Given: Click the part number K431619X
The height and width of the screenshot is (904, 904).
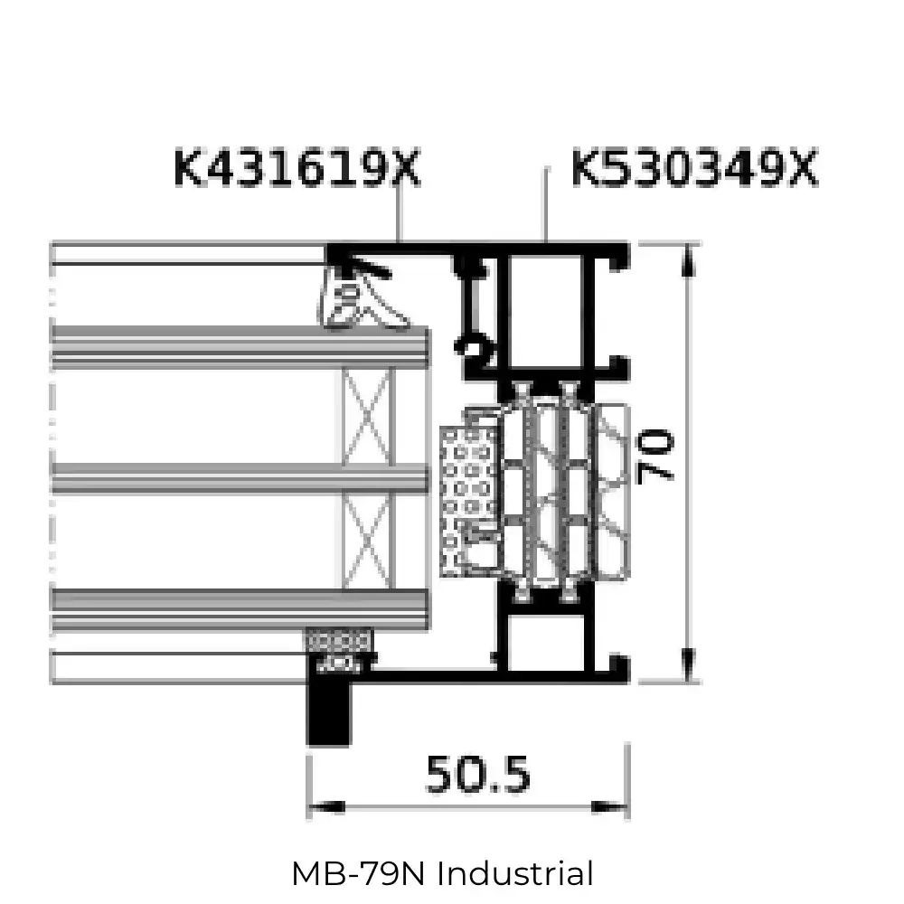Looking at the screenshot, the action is (297, 168).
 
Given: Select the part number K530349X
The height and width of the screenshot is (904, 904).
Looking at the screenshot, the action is (694, 168).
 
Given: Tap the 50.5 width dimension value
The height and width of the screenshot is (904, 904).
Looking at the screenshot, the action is (478, 775).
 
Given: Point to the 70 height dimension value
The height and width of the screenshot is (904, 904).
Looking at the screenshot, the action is (654, 457).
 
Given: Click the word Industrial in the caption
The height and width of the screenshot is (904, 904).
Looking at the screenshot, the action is (515, 873).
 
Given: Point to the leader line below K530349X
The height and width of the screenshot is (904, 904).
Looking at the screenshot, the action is (546, 204).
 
